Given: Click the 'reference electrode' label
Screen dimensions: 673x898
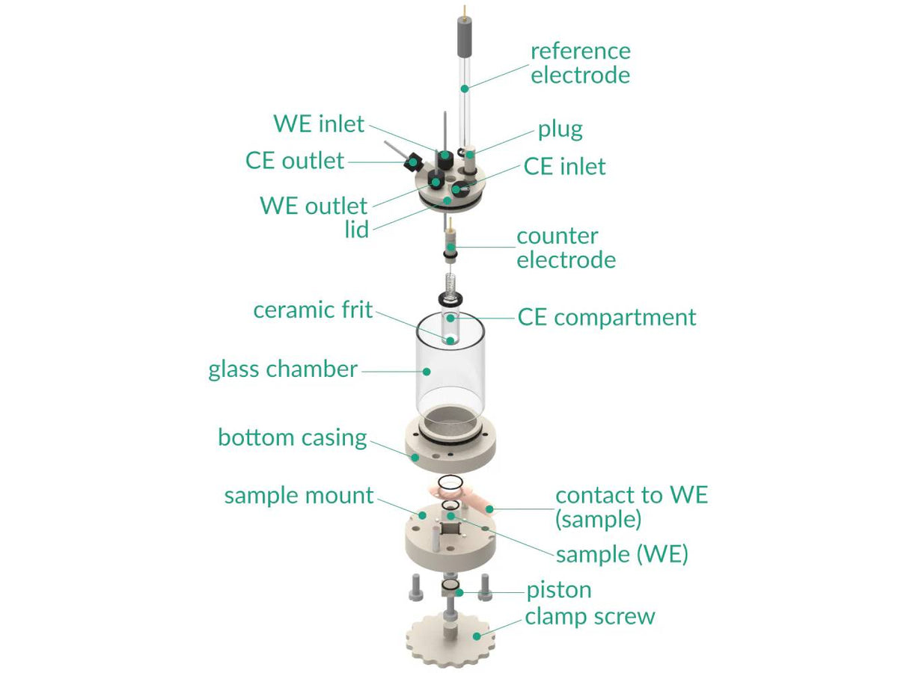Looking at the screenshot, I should (x=580, y=63).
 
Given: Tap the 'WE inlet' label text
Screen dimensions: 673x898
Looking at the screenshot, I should (x=319, y=123).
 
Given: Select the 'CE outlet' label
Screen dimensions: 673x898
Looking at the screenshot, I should (x=295, y=160).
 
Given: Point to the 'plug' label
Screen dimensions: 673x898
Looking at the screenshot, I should (x=560, y=129).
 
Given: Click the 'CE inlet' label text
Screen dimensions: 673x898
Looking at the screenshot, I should (x=564, y=166).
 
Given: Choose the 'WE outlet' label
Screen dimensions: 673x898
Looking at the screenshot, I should (x=314, y=206).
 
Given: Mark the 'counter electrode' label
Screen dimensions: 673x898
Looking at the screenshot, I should (x=566, y=248).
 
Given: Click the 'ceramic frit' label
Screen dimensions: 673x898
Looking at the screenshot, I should (x=313, y=310).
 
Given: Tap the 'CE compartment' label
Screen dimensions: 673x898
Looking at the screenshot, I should (x=606, y=317).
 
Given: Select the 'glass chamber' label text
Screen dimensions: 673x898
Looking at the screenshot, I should (x=283, y=369).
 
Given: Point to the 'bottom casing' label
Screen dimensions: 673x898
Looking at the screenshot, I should (x=293, y=437).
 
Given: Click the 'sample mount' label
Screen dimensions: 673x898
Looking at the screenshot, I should (x=299, y=495).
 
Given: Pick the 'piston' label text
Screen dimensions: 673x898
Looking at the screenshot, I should (x=558, y=590).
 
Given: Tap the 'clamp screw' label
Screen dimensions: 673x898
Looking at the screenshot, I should (x=590, y=617).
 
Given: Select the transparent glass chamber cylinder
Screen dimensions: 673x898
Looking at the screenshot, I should (x=449, y=381).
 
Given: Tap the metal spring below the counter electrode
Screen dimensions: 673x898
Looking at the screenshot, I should (x=450, y=285).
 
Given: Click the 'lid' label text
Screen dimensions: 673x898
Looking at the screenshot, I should (x=357, y=230).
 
